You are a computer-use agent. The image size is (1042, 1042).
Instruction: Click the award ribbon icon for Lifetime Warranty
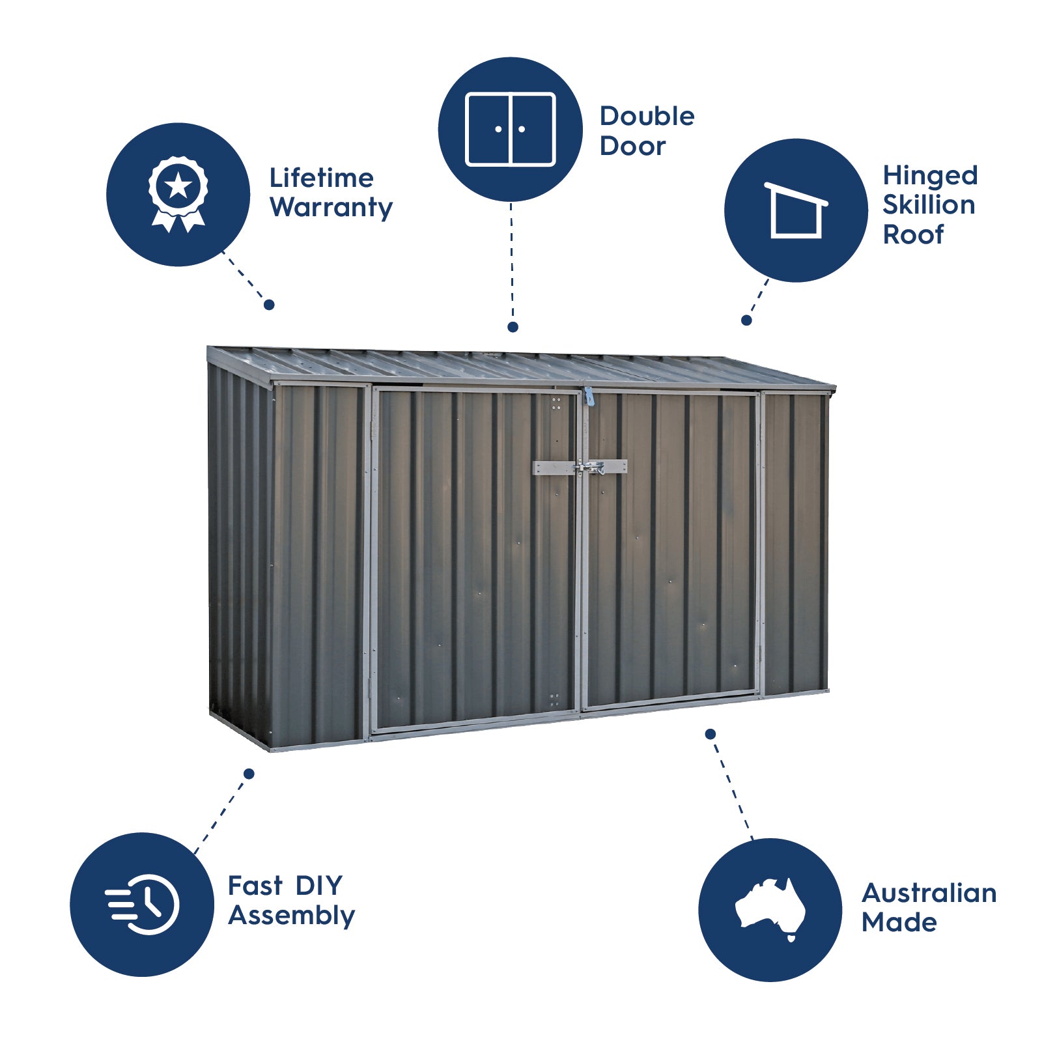[x=178, y=194]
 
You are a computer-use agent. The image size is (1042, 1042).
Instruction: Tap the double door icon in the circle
[x=511, y=129]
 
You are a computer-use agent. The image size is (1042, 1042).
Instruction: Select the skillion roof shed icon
[x=796, y=210]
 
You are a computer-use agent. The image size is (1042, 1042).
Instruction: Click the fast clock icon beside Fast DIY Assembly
[x=142, y=905]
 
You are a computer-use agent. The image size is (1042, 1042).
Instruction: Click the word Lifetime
[x=322, y=178]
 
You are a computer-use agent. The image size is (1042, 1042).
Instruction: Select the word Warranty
[x=331, y=208]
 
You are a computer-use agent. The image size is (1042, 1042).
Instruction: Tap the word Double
[x=647, y=116]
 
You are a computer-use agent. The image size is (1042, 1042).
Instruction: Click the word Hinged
[x=930, y=176]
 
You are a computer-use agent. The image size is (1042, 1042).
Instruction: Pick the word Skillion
[x=929, y=204]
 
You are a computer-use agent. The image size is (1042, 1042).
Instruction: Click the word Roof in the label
[x=913, y=234]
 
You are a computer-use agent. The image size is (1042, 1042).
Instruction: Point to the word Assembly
[x=292, y=916]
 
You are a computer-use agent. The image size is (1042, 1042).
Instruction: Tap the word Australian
[x=929, y=893]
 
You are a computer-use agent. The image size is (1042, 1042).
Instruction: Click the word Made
[x=899, y=922]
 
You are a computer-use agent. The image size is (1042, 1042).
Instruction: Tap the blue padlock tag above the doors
[x=589, y=396]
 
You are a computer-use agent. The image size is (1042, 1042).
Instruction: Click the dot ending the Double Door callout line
[x=513, y=327]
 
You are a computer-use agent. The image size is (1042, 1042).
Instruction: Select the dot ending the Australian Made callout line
[x=711, y=734]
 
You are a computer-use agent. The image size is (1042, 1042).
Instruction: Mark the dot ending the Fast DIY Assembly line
[x=249, y=774]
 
